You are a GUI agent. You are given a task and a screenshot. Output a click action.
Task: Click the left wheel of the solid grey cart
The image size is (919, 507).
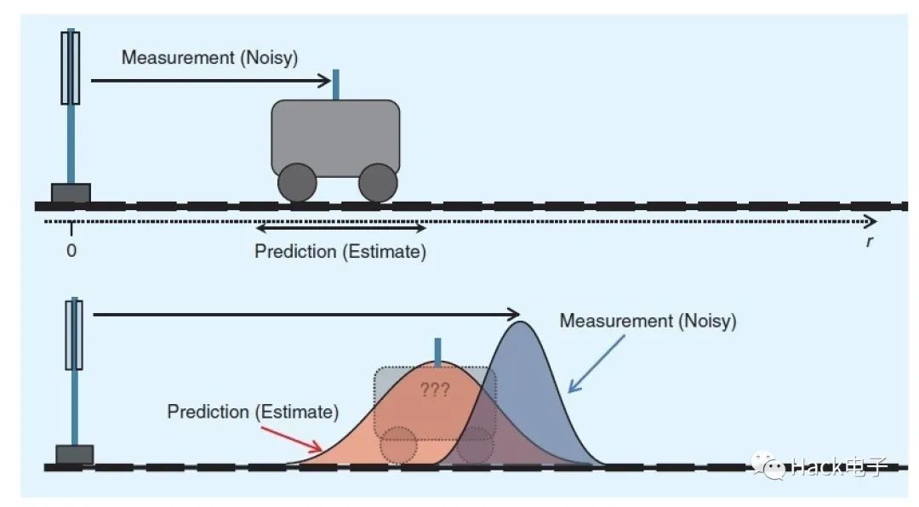[297, 182]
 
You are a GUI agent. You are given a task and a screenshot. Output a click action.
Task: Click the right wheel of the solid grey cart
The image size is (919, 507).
[378, 182]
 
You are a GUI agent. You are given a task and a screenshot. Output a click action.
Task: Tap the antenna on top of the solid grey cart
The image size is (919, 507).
[338, 85]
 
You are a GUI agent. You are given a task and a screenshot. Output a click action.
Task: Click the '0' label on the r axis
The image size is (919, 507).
[71, 251]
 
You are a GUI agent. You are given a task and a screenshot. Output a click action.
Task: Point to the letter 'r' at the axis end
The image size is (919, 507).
[869, 241]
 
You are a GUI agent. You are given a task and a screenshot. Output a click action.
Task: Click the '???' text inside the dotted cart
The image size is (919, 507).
[436, 391]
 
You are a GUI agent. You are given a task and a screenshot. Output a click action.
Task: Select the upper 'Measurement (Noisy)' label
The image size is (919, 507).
[209, 58]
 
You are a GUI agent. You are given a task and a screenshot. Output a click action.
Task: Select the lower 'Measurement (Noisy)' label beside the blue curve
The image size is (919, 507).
[648, 322]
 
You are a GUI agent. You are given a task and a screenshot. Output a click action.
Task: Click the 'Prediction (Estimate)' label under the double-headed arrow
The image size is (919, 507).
[340, 252]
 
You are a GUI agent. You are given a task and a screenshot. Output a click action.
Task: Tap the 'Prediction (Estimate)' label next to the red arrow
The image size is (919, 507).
[253, 412]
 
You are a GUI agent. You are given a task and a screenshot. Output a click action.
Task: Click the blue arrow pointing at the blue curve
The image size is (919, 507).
[596, 362]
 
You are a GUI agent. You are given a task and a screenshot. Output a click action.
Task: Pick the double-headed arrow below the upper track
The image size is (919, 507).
[340, 228]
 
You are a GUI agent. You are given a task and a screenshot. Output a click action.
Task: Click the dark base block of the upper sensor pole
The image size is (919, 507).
[71, 193]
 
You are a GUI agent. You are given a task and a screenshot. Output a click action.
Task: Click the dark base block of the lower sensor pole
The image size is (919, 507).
[74, 454]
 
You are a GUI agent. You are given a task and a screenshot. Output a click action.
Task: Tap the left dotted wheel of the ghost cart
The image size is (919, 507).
[398, 444]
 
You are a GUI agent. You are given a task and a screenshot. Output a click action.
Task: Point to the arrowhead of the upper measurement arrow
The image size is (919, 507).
[326, 81]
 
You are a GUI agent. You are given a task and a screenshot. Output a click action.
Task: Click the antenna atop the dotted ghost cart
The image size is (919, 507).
[438, 352]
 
